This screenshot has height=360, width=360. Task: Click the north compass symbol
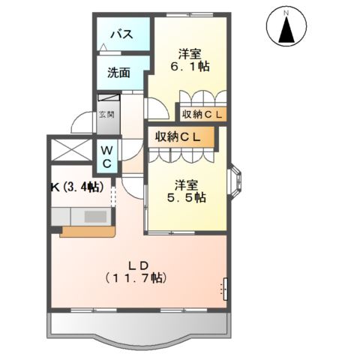click(x=286, y=28)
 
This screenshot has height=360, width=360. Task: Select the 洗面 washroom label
click(x=118, y=73)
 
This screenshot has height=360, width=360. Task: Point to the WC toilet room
click(x=107, y=157)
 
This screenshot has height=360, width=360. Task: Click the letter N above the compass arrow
click(x=286, y=13)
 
